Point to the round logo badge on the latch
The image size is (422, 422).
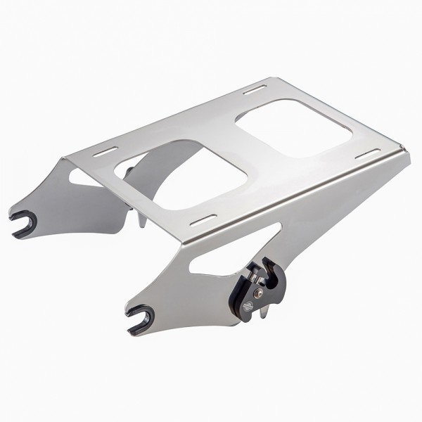(247, 307)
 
